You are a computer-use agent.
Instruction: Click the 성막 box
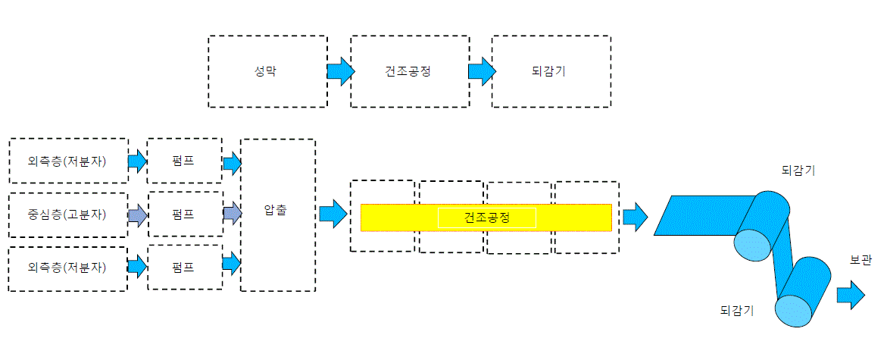tap(267, 72)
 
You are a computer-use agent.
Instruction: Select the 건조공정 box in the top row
tap(410, 72)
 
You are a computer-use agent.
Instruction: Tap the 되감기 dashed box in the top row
tap(551, 72)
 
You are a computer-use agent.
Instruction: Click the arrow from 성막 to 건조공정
tap(341, 72)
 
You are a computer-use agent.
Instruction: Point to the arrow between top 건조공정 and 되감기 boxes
tap(482, 72)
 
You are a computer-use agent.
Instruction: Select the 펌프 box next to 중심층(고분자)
tap(184, 214)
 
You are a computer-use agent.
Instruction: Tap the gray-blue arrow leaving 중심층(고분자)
tap(138, 215)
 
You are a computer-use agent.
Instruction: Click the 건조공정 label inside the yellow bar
tap(486, 218)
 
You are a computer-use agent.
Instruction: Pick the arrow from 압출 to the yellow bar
tap(333, 214)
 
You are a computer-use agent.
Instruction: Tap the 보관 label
tap(861, 260)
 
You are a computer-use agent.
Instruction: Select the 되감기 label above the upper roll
tap(798, 171)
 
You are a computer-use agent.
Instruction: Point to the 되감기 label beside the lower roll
tap(737, 309)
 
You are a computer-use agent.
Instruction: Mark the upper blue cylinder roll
tap(762, 225)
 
